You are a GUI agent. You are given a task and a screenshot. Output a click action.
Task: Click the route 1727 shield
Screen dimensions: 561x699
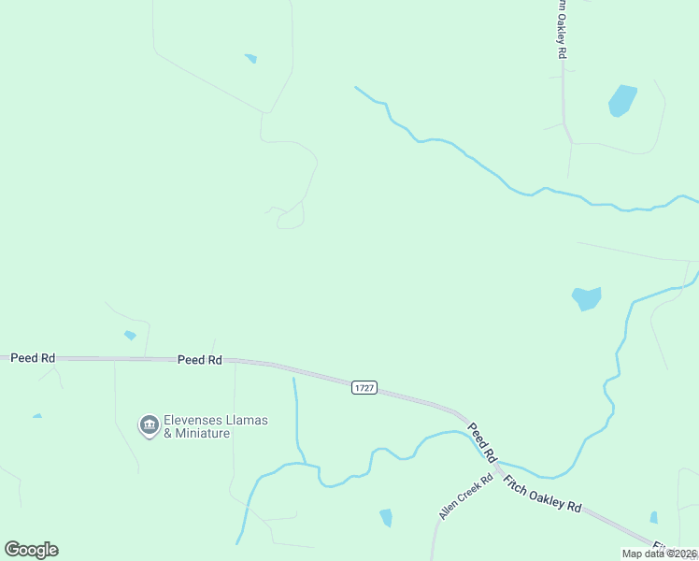coord(364,387)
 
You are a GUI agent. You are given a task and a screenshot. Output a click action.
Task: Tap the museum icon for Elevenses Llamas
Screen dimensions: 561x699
coord(149,426)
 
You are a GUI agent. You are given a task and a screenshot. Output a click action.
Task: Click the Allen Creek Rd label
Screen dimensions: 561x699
coord(465,496)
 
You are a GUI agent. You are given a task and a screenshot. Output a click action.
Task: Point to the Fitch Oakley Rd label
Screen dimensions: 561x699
coord(542,494)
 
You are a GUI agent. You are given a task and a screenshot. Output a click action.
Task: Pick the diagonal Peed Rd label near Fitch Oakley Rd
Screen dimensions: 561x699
coord(479,440)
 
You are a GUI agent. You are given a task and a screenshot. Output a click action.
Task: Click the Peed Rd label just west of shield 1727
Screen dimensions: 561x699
coord(200,359)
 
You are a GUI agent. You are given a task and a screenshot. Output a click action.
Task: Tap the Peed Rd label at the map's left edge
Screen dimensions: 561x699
coord(33,358)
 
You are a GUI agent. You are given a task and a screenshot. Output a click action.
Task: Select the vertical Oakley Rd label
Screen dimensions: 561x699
coord(562,30)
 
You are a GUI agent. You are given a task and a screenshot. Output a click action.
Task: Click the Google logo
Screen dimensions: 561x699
coord(31,550)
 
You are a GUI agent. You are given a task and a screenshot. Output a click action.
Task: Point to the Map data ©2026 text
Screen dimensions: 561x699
coord(660,554)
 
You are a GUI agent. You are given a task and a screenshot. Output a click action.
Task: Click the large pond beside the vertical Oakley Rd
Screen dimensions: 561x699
coord(621,100)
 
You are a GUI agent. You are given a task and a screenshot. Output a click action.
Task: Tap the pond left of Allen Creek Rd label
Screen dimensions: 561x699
coord(386,517)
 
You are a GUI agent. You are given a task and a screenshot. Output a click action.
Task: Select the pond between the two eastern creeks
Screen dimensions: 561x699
coord(586,298)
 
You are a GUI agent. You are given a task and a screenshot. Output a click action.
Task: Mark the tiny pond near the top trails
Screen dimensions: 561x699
coord(250,59)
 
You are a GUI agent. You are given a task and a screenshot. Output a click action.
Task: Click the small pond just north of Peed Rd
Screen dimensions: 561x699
coord(130,335)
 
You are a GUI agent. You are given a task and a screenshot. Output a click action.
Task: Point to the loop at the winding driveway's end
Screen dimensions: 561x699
coord(291,220)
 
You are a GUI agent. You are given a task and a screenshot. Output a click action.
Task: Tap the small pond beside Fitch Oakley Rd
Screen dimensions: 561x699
coord(653,517)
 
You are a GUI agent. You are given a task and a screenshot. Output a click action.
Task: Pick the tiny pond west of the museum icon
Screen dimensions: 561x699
coord(36,416)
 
